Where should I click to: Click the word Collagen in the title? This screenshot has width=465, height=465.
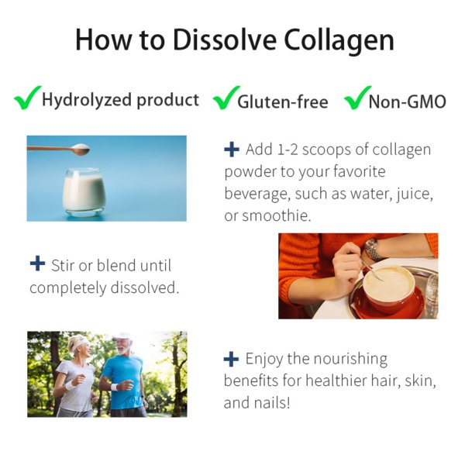[339, 40]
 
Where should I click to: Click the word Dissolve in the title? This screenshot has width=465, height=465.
[225, 40]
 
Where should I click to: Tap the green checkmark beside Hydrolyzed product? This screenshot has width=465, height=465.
[27, 98]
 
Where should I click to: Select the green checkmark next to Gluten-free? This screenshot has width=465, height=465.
[226, 98]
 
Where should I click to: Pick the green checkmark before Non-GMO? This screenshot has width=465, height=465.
[357, 98]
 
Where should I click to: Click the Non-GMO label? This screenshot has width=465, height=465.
[407, 102]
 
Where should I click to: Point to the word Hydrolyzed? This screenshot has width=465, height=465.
[86, 100]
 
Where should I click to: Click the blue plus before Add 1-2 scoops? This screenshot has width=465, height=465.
[232, 149]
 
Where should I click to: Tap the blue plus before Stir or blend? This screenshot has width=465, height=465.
[38, 263]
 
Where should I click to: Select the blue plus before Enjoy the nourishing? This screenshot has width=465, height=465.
[231, 359]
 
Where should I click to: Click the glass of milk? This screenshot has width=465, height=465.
[84, 192]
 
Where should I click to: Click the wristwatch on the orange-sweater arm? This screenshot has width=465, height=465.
[373, 250]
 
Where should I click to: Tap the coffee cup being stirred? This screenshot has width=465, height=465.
[389, 286]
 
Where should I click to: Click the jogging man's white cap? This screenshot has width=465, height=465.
[123, 336]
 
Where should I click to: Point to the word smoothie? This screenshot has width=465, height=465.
[277, 215]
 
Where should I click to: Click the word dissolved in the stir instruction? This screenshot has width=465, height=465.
[145, 288]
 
